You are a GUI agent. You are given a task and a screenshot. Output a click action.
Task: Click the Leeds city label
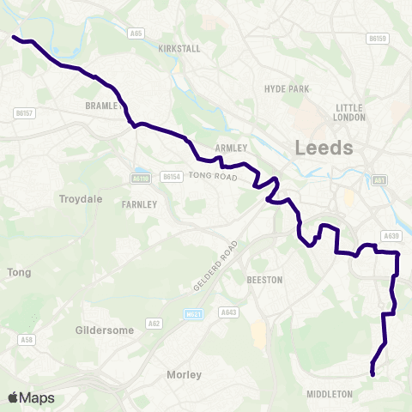pos(324,148)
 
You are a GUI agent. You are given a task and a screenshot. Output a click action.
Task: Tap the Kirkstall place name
pos(179,49)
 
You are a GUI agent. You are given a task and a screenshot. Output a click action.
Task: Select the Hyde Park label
pos(286,89)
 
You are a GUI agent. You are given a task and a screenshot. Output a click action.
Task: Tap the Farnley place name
pos(139,204)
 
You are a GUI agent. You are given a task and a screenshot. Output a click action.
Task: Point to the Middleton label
pos(330,394)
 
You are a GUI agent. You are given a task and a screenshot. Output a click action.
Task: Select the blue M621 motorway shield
pos(193,315)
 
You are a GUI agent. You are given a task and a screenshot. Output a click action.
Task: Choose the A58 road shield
pos(27,340)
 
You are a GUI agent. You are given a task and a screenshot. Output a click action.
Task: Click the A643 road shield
pos(227,312)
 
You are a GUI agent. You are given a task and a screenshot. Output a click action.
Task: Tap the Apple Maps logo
pos(31,397)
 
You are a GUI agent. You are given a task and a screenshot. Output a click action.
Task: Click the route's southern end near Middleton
pos(373,374)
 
